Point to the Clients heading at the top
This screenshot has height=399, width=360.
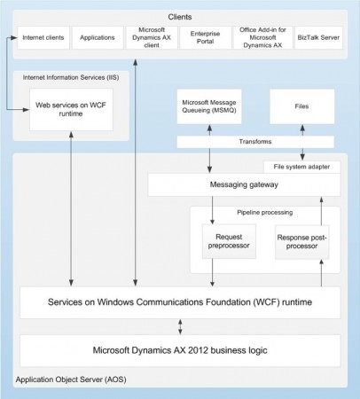(x=180, y=17)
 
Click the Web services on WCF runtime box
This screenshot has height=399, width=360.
(x=71, y=109)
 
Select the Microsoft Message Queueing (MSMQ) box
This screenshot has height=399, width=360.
(x=210, y=106)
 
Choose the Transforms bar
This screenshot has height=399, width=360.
(x=256, y=142)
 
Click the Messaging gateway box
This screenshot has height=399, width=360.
(x=244, y=184)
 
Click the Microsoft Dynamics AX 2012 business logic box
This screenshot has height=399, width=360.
(x=180, y=350)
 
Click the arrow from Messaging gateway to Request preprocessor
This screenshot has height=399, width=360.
(x=211, y=210)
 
